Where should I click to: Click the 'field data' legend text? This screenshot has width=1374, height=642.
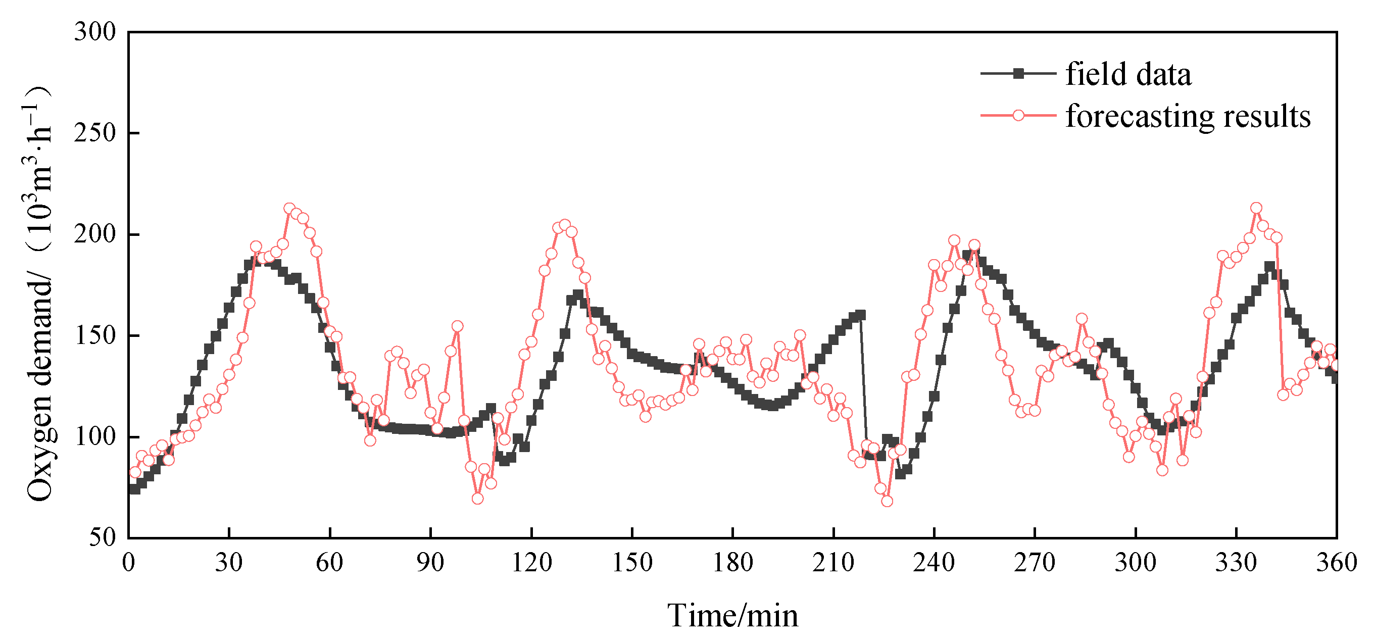pyautogui.click(x=1127, y=74)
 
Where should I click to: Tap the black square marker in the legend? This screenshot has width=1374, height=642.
pyautogui.click(x=1018, y=74)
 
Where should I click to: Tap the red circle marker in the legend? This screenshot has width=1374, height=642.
pyautogui.click(x=1018, y=116)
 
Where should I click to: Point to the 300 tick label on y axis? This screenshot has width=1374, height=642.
pyautogui.click(x=95, y=32)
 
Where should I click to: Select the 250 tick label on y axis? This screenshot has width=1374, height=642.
pyautogui.click(x=95, y=133)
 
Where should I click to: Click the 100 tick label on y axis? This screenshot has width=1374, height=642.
pyautogui.click(x=95, y=437)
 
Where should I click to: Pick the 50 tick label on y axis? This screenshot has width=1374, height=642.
pyautogui.click(x=102, y=537)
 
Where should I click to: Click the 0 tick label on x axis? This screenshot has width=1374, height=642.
pyautogui.click(x=128, y=563)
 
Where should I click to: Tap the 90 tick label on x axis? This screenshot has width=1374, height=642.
pyautogui.click(x=430, y=563)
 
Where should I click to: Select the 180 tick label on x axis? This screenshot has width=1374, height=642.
pyautogui.click(x=732, y=563)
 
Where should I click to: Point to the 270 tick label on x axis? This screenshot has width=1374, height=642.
pyautogui.click(x=1034, y=563)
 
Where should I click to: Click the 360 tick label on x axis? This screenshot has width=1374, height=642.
pyautogui.click(x=1336, y=563)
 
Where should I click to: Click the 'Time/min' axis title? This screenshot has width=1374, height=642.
pyautogui.click(x=732, y=616)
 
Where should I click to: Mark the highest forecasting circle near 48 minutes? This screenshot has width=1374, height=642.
pyautogui.click(x=289, y=209)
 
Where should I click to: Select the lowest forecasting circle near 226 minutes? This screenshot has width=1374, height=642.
pyautogui.click(x=887, y=501)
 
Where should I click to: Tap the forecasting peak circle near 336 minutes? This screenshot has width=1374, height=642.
pyautogui.click(x=1256, y=208)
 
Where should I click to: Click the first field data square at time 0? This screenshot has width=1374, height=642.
pyautogui.click(x=133, y=489)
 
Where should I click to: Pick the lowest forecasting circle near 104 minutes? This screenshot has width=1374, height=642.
pyautogui.click(x=477, y=499)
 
